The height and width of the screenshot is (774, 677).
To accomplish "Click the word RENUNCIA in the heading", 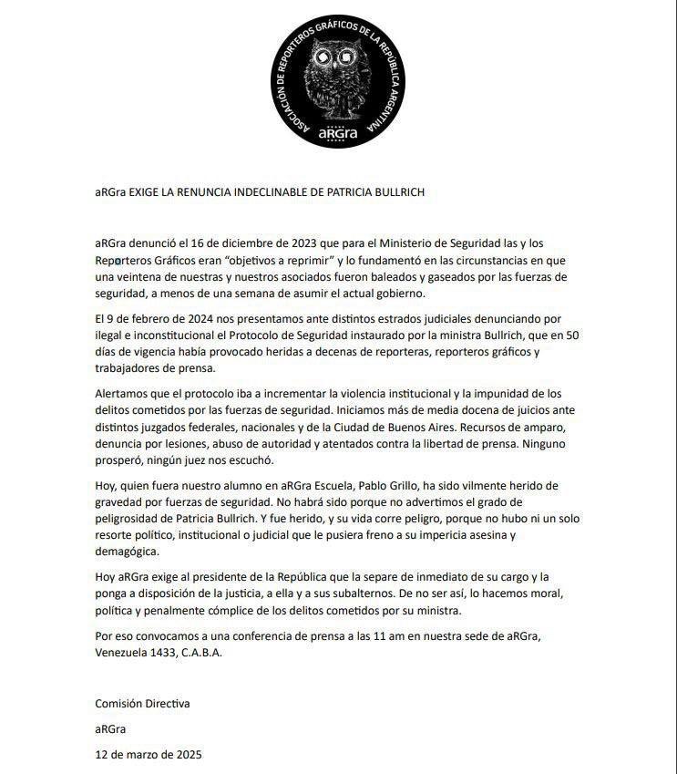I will click(207, 192).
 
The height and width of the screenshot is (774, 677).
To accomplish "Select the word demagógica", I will click(127, 552).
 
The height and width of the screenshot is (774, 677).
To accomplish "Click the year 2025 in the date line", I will click(186, 754).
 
